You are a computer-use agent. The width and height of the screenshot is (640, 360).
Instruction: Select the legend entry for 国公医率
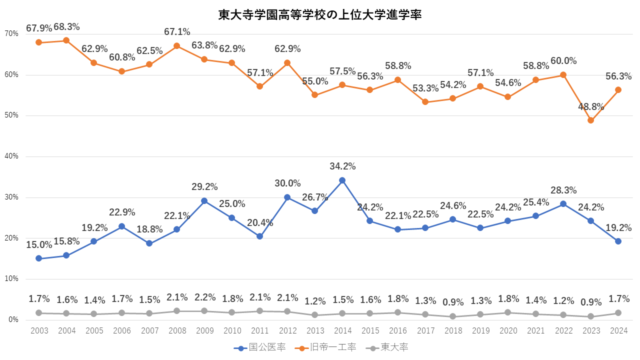[260, 347]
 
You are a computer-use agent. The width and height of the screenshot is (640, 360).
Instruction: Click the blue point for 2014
[342, 180]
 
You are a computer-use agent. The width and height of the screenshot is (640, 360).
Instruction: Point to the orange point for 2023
[590, 120]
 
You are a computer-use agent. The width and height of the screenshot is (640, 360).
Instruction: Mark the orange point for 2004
[66, 40]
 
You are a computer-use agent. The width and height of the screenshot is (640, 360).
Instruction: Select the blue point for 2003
[38, 258]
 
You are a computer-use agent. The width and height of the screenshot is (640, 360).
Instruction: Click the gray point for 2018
[452, 316]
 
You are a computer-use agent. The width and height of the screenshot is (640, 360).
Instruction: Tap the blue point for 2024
[618, 241]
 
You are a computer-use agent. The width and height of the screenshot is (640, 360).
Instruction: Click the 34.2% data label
[342, 166]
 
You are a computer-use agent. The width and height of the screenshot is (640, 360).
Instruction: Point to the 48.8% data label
[590, 106]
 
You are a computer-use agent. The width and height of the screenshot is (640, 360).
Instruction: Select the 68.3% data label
[66, 27]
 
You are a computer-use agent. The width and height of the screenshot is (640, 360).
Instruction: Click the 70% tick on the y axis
[11, 34]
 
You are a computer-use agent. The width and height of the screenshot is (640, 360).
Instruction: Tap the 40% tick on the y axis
[11, 156]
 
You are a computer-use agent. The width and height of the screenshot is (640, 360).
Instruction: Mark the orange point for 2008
[176, 45]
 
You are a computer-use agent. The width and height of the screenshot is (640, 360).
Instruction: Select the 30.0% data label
[287, 183]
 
